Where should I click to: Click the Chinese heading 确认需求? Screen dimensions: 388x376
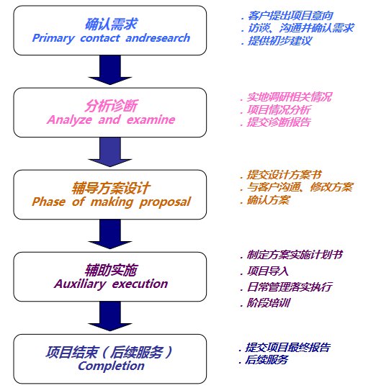click(x=110, y=23)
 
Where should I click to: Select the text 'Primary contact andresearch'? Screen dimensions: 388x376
click(x=111, y=38)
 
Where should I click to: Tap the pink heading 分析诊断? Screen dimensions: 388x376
click(x=110, y=105)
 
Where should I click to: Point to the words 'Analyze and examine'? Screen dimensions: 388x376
click(x=111, y=120)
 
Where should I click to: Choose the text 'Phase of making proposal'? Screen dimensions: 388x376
click(x=111, y=202)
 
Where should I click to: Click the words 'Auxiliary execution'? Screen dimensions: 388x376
click(x=111, y=284)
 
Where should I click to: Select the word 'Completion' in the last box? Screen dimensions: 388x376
click(x=111, y=366)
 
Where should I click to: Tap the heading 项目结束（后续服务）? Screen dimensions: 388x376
click(x=110, y=352)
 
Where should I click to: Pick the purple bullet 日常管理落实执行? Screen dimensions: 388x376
click(x=289, y=287)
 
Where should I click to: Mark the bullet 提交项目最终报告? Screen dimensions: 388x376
click(x=287, y=347)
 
